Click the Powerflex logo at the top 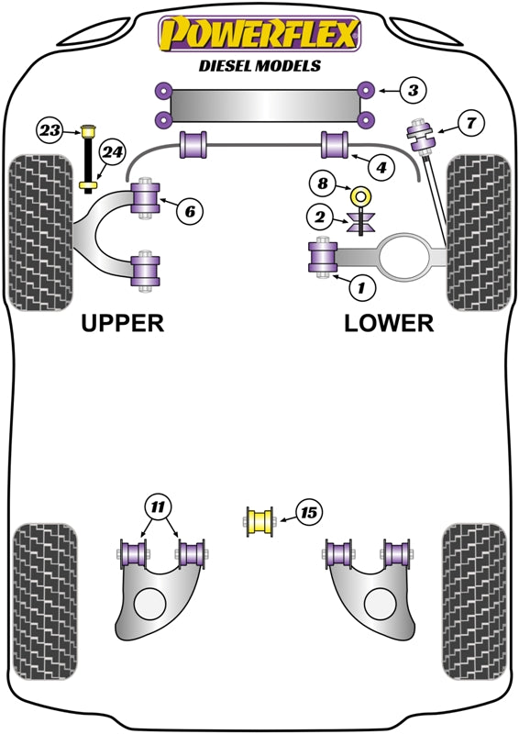pos(259,34)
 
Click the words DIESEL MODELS pos(259,65)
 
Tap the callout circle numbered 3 pos(413,90)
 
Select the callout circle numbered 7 pos(470,123)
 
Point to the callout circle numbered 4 pos(381,167)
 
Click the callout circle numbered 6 pos(190,212)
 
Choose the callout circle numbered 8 pos(323,183)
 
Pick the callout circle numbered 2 pos(320,217)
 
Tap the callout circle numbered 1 pos(361,287)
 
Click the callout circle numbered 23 pos(50,130)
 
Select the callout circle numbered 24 pos(112,152)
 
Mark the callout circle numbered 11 pos(159,506)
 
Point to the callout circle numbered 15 pos(308,513)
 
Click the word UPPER pos(123,323)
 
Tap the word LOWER pos(389,323)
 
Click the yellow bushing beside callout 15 pos(259,522)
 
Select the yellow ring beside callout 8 pos(360,195)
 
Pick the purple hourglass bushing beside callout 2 pos(360,221)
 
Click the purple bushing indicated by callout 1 pos(323,257)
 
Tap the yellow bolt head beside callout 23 pos(88,131)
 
